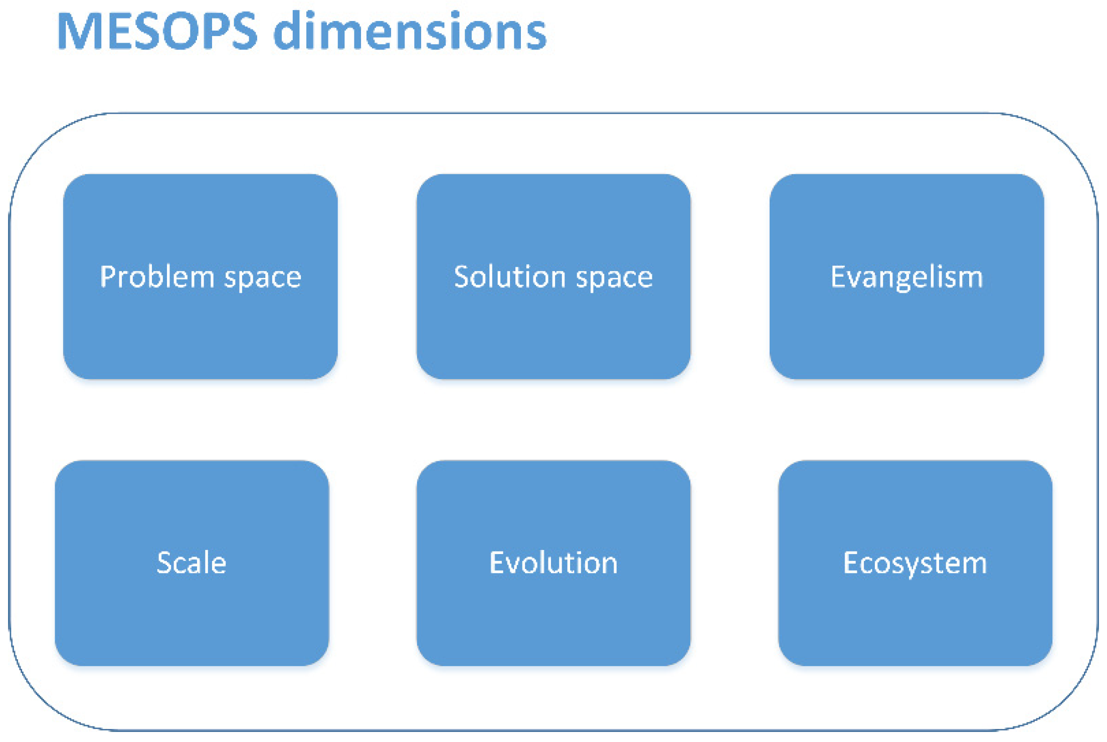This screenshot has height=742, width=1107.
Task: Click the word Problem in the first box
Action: click(157, 277)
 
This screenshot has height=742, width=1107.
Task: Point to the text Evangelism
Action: click(906, 277)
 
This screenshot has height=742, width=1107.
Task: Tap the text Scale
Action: click(192, 563)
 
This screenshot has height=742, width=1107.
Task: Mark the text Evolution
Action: click(553, 563)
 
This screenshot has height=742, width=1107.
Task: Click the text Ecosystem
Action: click(915, 564)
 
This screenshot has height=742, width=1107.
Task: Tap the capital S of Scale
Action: click(165, 563)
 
